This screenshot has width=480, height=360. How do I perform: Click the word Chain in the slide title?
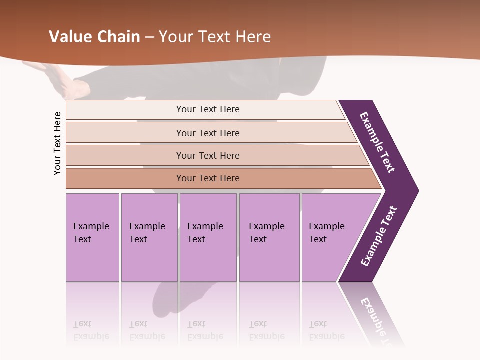pos(118,37)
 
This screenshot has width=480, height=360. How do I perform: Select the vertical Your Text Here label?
pos(57,143)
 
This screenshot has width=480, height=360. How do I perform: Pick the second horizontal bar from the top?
pos(207,133)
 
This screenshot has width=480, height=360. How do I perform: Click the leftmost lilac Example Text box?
pos(92,237)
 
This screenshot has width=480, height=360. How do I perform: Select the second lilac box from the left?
pos(149,237)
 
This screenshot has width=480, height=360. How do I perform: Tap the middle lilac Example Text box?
pos(208,237)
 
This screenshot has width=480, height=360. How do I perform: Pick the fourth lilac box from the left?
pos(269,237)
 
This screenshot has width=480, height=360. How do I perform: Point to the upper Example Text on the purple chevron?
pos(378,142)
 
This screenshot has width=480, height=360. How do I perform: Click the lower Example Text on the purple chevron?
pos(379,236)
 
